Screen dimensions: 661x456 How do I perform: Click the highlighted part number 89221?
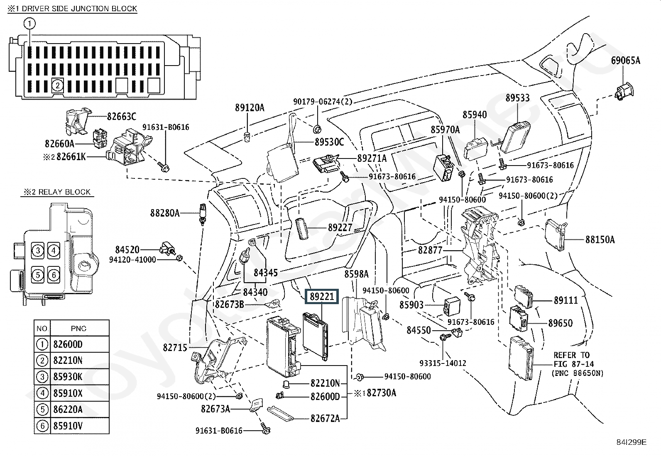pyautogui.click(x=322, y=296)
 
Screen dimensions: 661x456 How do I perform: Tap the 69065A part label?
pyautogui.click(x=626, y=61)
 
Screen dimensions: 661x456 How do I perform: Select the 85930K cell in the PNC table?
pyautogui.click(x=68, y=377)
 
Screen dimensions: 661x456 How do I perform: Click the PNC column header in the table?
pyautogui.click(x=78, y=328)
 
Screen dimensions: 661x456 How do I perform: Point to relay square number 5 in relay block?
pyautogui.click(x=38, y=275)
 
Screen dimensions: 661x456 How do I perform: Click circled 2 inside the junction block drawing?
pyautogui.click(x=58, y=85)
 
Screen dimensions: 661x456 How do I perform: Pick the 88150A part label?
pyautogui.click(x=600, y=239)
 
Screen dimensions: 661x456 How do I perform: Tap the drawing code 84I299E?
pyautogui.click(x=631, y=442)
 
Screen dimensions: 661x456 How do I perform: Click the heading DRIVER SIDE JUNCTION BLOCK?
pyautogui.click(x=79, y=9)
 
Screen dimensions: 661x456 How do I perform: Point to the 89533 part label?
pyautogui.click(x=518, y=98)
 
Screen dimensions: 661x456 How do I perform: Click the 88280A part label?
pyautogui.click(x=165, y=213)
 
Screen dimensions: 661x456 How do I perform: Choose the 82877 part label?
pyautogui.click(x=430, y=250)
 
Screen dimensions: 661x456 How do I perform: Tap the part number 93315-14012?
pyautogui.click(x=443, y=363)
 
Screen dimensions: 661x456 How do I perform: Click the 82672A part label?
pyautogui.click(x=325, y=418)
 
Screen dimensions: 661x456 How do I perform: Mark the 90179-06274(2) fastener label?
pyautogui.click(x=323, y=102)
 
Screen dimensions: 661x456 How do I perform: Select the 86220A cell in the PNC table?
pyautogui.click(x=68, y=410)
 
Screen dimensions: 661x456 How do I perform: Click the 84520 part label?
pyautogui.click(x=127, y=250)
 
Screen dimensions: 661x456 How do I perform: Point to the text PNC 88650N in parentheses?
pyautogui.click(x=578, y=373)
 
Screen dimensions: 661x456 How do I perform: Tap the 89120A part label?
pyautogui.click(x=250, y=108)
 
